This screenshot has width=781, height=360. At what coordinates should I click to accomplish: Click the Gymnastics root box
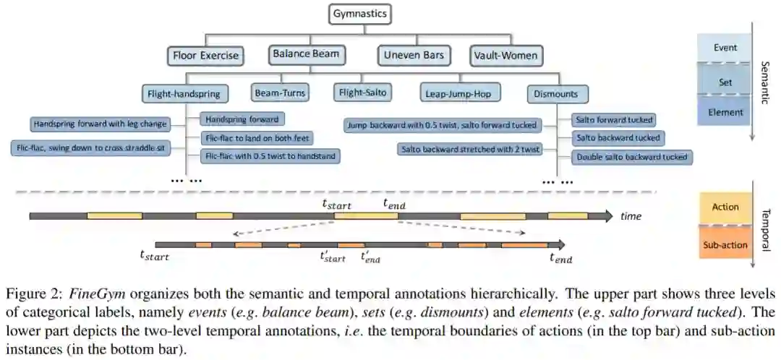360,14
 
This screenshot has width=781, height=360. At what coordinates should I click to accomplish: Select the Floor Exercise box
206,55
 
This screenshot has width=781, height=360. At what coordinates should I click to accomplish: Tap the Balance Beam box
305,53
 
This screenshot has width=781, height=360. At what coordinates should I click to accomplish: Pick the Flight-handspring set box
187,93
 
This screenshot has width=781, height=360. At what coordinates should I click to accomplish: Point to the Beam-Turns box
280,93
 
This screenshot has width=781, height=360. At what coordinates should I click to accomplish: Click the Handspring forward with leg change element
101,124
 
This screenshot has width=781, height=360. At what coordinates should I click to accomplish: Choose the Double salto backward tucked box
631,156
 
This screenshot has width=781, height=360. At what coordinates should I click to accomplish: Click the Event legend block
725,48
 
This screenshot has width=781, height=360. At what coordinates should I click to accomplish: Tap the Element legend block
725,112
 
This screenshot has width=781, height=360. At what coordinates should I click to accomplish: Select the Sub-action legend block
725,245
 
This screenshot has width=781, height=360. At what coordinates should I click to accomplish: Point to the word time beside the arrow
631,216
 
